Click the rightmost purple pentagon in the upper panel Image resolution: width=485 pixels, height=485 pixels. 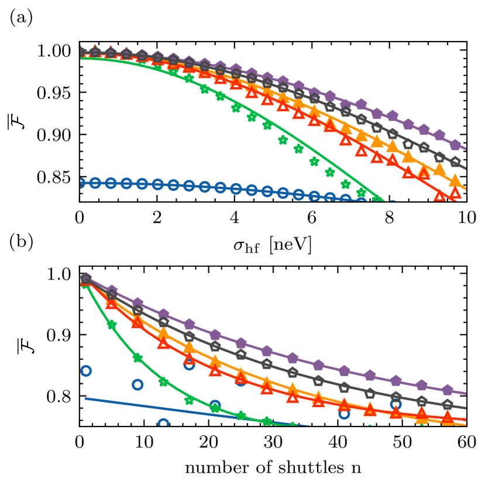coord(455,144)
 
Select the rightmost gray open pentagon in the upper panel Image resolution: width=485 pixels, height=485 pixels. coord(455,161)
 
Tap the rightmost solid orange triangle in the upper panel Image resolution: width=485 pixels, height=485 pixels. coord(455,180)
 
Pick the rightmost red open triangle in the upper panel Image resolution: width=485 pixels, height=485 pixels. coord(455,192)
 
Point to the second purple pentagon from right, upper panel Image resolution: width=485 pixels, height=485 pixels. coord(439,135)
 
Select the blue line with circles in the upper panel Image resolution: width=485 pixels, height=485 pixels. coord(205,186)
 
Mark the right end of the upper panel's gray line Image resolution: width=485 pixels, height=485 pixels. coord(466,169)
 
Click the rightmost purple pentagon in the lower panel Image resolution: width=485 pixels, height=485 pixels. coord(448,390)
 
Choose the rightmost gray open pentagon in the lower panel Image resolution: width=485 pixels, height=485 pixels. coord(448,404)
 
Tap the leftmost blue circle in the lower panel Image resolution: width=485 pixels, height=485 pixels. coord(86,370)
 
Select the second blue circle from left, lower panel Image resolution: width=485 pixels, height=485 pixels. coord(137,384)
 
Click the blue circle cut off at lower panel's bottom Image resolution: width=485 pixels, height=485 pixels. coord(163,423)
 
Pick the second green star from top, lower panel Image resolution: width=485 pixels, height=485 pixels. coord(112,325)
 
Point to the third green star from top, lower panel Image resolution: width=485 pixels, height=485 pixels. coord(137,357)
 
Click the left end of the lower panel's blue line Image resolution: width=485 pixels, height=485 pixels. coord(85,398)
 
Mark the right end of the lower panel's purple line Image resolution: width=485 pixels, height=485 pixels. coord(466,393)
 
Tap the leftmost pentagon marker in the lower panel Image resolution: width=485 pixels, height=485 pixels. coord(86,278)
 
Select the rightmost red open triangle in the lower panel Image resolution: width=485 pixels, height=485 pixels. coord(448,417)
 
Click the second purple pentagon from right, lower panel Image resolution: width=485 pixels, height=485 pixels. coord(422,385)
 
